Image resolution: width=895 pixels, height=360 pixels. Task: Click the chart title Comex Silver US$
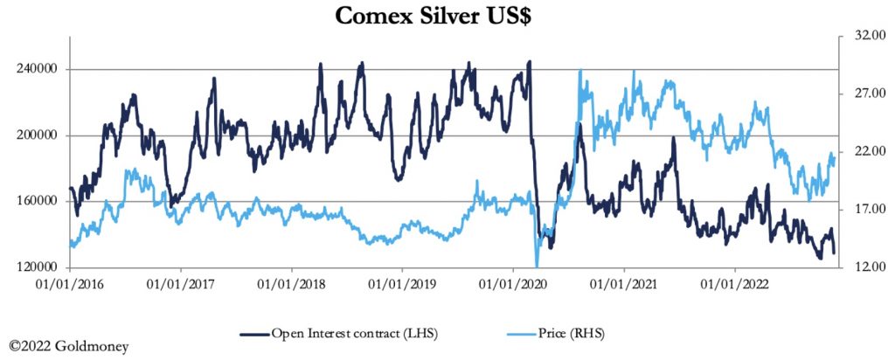tap(447, 15)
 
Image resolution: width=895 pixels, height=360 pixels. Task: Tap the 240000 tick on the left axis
tap(39, 70)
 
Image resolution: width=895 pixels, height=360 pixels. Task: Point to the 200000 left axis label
tap(39, 135)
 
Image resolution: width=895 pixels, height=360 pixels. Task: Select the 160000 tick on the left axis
tap(39, 202)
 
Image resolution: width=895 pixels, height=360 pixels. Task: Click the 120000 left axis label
tap(39, 267)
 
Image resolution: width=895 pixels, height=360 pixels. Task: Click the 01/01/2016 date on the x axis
tap(70, 284)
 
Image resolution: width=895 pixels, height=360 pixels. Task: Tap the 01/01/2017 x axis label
tap(181, 284)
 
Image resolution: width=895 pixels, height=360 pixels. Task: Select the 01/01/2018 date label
tap(291, 284)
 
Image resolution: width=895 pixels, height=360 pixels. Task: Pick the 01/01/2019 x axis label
tap(401, 284)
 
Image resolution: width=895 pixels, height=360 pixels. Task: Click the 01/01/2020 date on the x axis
tap(512, 284)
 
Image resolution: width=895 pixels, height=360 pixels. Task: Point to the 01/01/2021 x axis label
tap(623, 284)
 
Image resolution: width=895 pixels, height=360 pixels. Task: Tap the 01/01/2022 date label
tap(733, 284)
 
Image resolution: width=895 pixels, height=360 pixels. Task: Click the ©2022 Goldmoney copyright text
tap(69, 347)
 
